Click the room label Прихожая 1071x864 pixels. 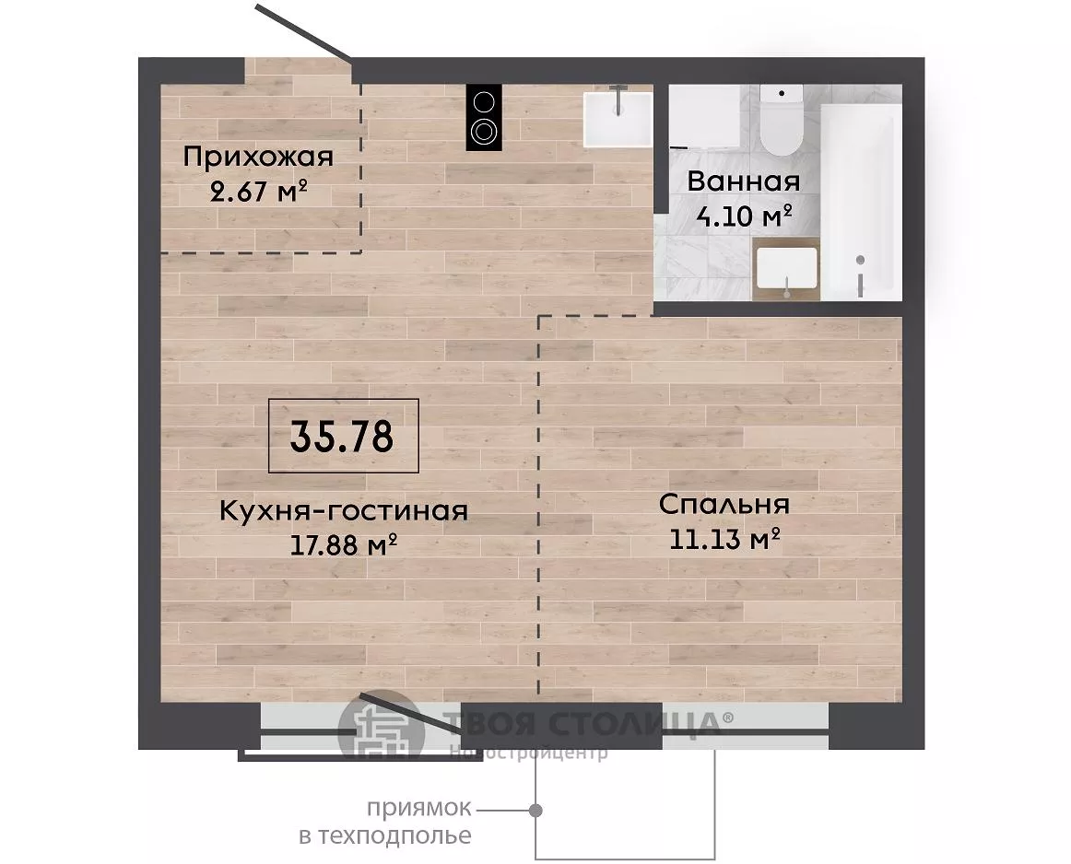pyautogui.click(x=258, y=158)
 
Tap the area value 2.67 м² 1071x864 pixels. pyautogui.click(x=258, y=193)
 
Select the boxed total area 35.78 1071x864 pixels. pyautogui.click(x=342, y=436)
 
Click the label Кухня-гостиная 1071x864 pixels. pyautogui.click(x=344, y=511)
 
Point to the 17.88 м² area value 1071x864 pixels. pyautogui.click(x=345, y=545)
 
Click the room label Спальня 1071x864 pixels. pyautogui.click(x=724, y=505)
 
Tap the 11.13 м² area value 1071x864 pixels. pyautogui.click(x=724, y=540)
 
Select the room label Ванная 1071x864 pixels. pyautogui.click(x=743, y=181)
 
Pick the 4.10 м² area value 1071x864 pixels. pyautogui.click(x=744, y=216)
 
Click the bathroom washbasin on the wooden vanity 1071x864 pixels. pyautogui.click(x=787, y=269)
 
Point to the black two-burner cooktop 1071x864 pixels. pyautogui.click(x=484, y=117)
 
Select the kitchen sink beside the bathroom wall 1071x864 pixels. pyautogui.click(x=618, y=120)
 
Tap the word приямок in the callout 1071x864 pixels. pyautogui.click(x=419, y=809)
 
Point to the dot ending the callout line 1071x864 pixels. pyautogui.click(x=536, y=811)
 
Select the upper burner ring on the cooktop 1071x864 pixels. pyautogui.click(x=484, y=102)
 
